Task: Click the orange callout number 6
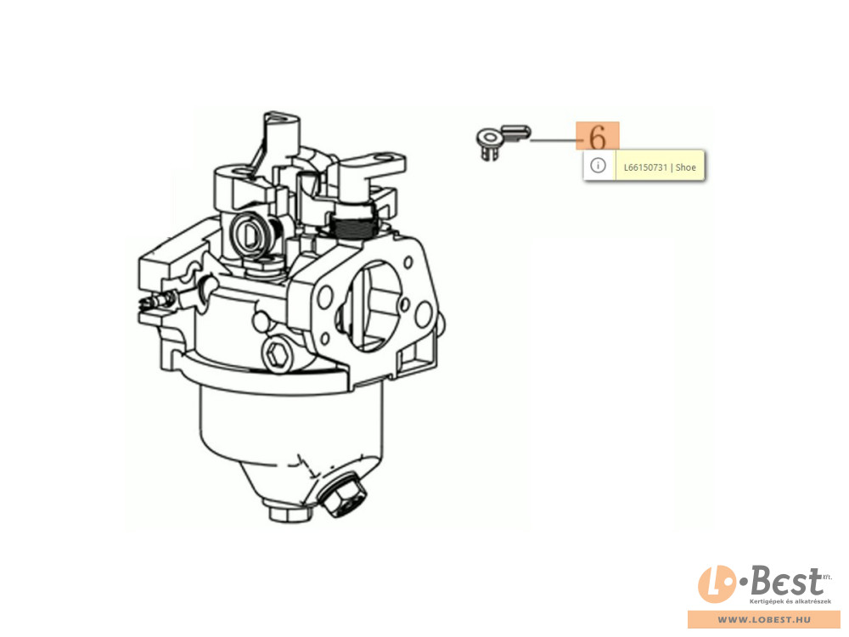(598, 137)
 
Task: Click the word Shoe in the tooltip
(686, 167)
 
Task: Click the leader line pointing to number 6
(554, 140)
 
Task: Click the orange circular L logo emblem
(715, 586)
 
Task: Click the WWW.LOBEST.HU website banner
(763, 621)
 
